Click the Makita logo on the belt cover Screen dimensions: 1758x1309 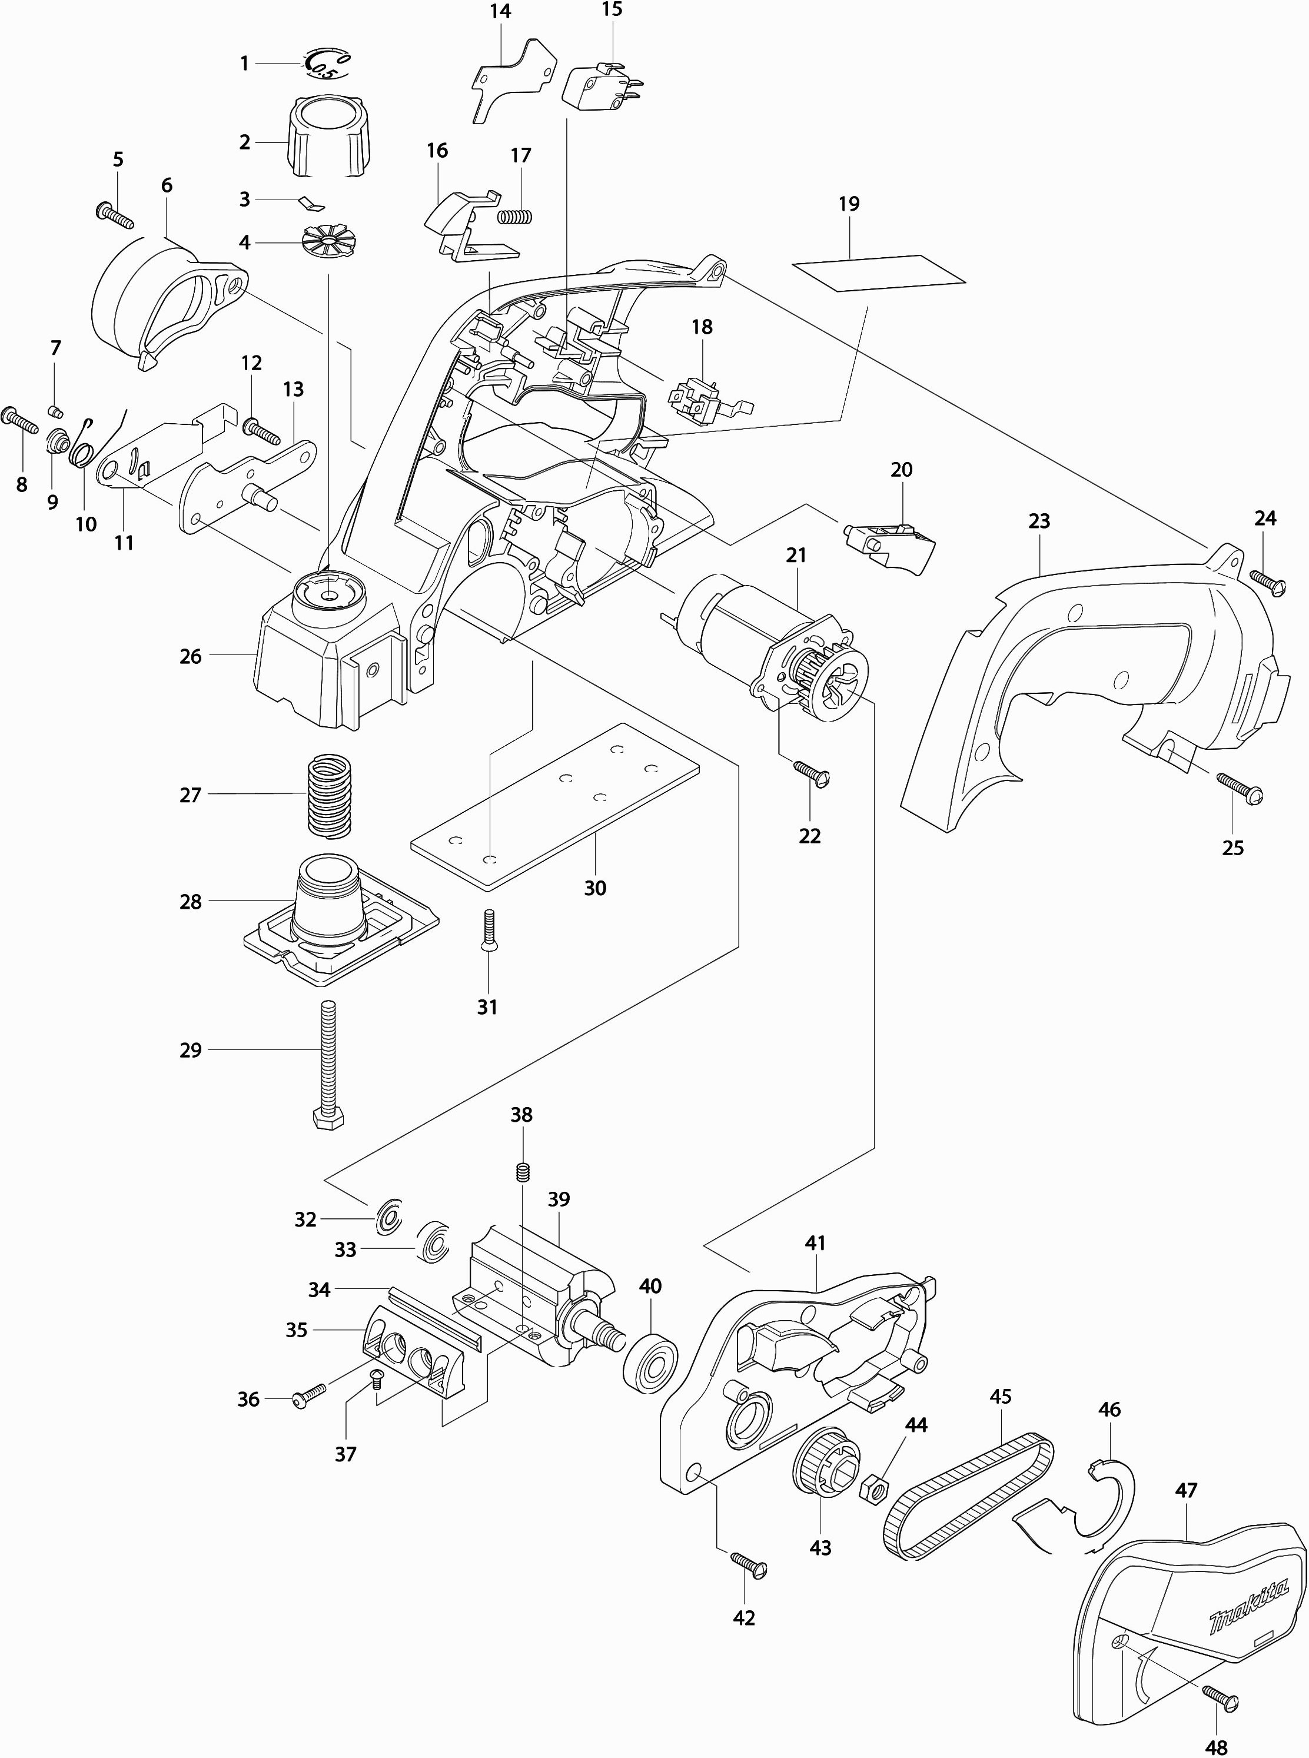[x=1249, y=1603]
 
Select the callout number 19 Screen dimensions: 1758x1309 [x=849, y=204]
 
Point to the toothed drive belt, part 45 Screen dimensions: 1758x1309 [x=969, y=1494]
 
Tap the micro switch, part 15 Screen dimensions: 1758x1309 [x=600, y=88]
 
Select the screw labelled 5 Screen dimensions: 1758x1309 [x=115, y=213]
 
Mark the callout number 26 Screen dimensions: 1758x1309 [x=191, y=657]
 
